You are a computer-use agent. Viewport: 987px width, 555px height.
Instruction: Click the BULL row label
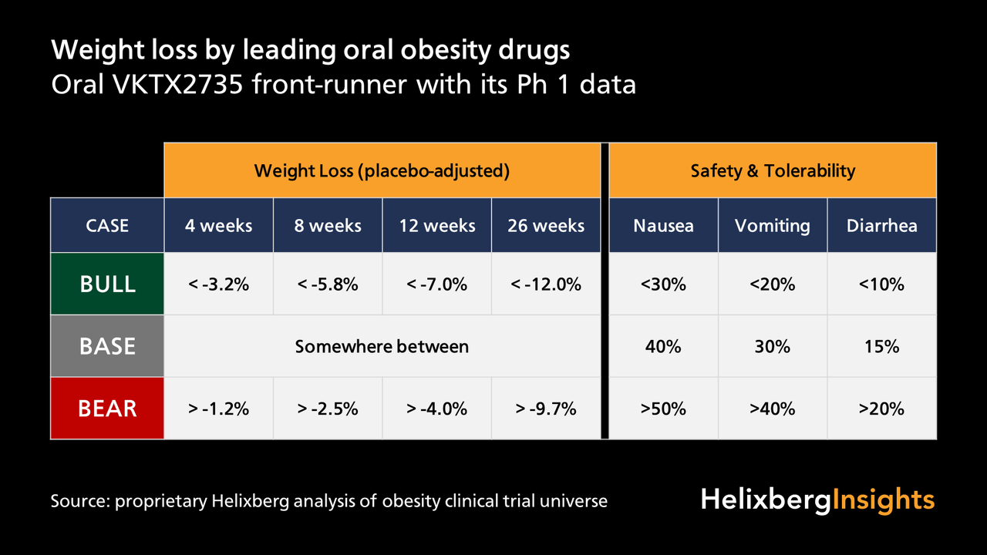[107, 284]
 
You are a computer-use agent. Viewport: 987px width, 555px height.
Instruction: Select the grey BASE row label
[107, 346]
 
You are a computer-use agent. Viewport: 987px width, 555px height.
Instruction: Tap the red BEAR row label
[107, 408]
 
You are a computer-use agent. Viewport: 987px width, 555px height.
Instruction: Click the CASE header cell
[107, 225]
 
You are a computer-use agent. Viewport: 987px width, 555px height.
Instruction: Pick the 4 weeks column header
[218, 225]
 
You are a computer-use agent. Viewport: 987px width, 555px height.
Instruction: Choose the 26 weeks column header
[546, 225]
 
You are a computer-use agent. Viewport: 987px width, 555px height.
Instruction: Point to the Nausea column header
[663, 225]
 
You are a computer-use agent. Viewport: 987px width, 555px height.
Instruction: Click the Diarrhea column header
[882, 225]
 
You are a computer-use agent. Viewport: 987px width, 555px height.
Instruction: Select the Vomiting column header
[773, 225]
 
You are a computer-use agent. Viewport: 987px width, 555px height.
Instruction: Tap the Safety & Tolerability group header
[773, 170]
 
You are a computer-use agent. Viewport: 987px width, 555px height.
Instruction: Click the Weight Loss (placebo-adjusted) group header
[382, 170]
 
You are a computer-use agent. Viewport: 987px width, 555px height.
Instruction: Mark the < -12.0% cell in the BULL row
[546, 284]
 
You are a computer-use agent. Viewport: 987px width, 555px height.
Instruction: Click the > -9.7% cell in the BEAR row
[546, 409]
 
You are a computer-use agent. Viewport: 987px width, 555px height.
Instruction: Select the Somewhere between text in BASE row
[382, 346]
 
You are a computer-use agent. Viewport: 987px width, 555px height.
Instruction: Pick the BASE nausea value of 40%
[663, 346]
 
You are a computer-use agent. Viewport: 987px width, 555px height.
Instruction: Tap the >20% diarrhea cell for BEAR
[882, 409]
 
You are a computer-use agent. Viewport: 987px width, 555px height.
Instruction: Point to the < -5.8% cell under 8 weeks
[328, 284]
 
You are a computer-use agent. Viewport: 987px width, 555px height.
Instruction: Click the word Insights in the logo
[884, 499]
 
